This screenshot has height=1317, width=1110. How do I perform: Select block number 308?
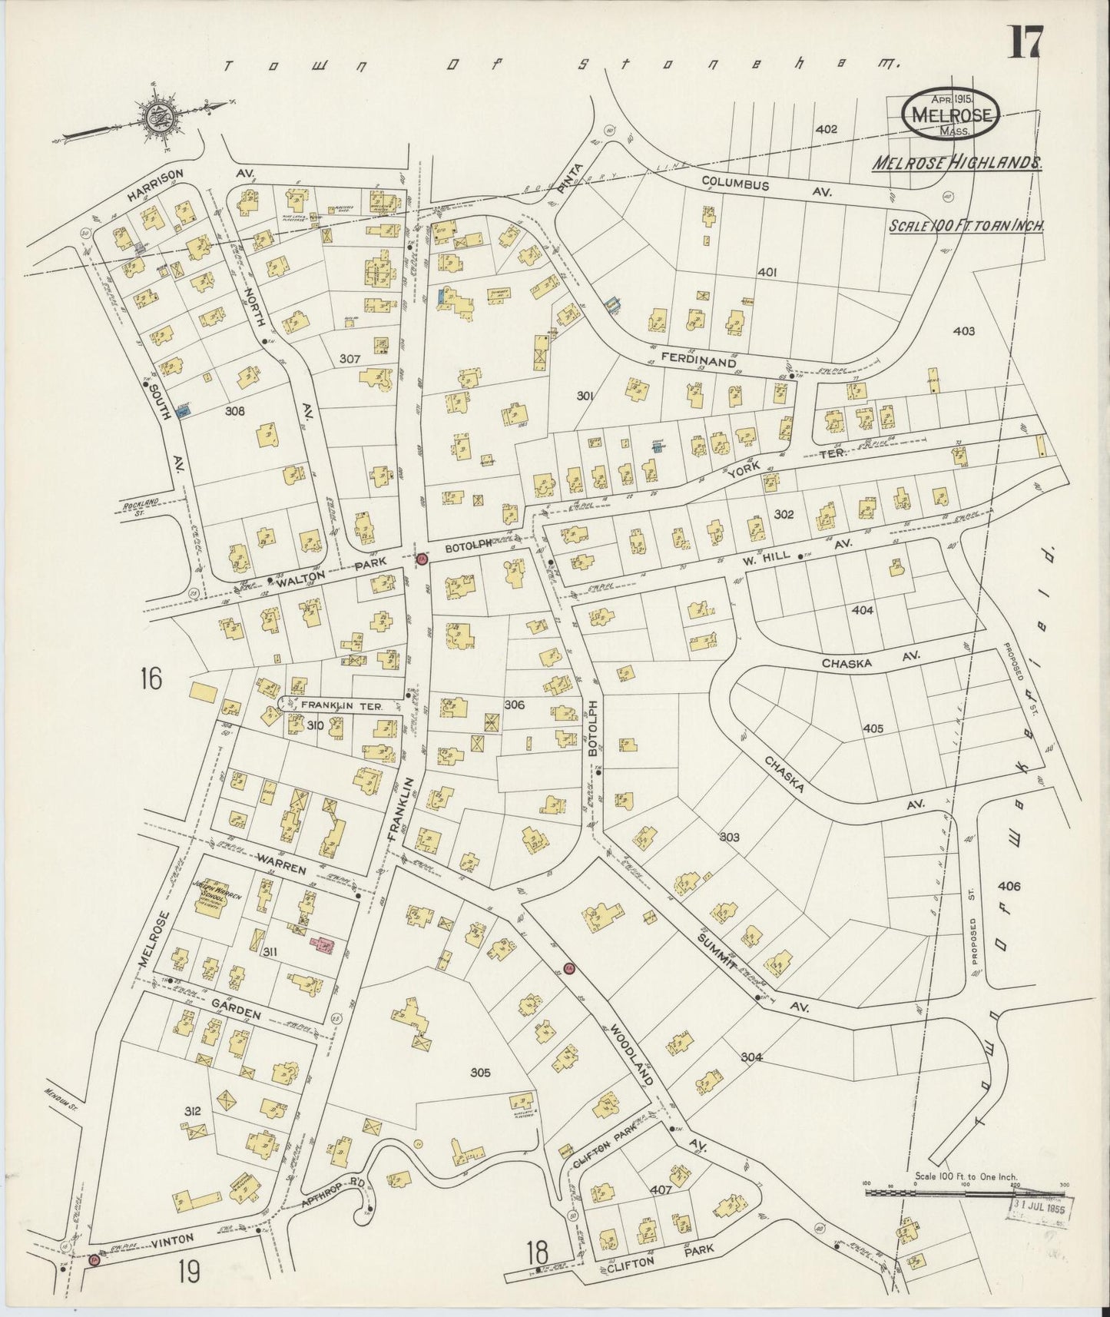click(235, 412)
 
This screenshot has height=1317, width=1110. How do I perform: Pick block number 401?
click(767, 272)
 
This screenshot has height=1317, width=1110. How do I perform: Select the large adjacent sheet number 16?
click(151, 679)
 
